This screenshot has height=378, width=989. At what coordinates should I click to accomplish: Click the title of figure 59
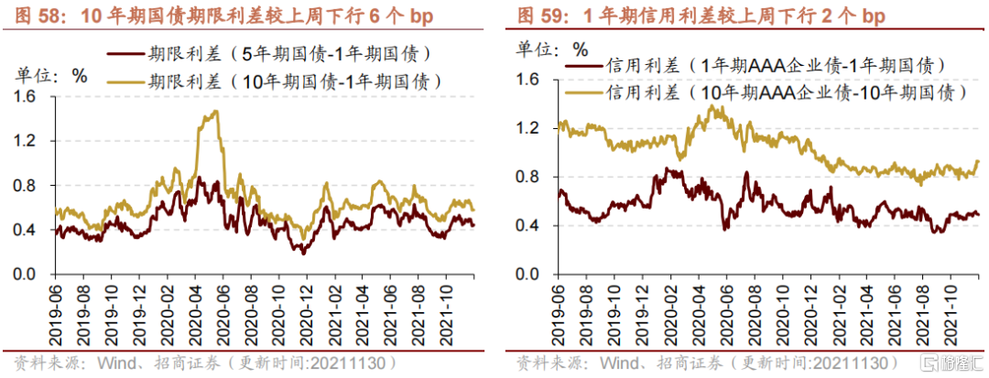701,16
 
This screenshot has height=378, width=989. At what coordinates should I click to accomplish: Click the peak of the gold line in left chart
215,112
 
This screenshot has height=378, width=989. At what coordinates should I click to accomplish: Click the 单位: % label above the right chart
553,49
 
